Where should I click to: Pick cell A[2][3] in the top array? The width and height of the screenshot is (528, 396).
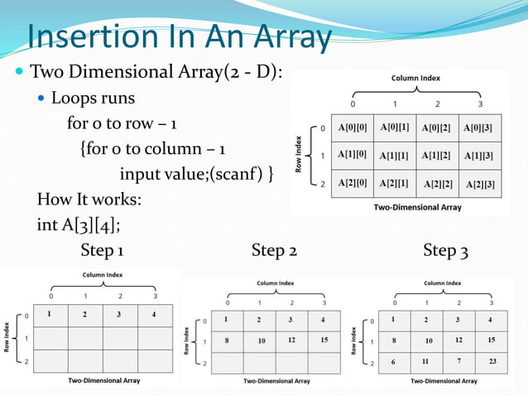pos(481,184)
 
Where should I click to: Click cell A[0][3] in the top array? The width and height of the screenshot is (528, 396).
pos(478,128)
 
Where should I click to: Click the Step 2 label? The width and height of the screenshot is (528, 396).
pos(275,250)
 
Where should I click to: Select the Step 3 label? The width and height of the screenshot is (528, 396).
pos(446,250)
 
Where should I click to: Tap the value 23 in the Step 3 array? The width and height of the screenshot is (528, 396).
pos(492,361)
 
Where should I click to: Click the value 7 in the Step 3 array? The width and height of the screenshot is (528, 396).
pos(458,361)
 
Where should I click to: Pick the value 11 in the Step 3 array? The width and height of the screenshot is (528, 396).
pos(425,362)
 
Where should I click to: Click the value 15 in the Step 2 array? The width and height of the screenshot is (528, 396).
pos(323,340)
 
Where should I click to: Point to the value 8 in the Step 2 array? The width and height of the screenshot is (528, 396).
pos(226,340)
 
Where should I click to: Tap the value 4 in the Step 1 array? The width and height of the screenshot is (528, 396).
pos(153,314)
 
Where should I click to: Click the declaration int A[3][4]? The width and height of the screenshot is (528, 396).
pos(84,225)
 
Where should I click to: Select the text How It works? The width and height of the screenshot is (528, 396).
pos(89,200)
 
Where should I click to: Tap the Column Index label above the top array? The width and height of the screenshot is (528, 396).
pos(415,78)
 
